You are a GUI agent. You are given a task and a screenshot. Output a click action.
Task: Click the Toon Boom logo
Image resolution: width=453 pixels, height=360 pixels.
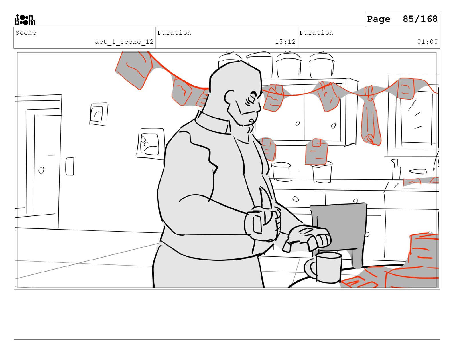(x=25, y=19)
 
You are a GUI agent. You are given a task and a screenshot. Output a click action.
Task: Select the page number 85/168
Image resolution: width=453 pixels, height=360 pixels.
(x=420, y=19)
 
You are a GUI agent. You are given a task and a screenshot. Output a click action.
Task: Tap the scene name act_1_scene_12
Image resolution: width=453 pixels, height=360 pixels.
(x=124, y=42)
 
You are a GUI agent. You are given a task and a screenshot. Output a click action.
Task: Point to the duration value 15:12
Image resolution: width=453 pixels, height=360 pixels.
(x=285, y=42)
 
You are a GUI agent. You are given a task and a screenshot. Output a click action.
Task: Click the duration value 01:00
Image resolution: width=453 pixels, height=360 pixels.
(x=427, y=42)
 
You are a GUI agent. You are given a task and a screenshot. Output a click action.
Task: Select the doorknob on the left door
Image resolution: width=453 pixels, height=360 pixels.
(x=41, y=170)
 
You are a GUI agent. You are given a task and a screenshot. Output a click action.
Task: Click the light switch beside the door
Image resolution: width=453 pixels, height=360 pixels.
(x=70, y=166)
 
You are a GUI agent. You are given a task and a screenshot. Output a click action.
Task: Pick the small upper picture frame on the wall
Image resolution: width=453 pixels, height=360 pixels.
(x=99, y=114)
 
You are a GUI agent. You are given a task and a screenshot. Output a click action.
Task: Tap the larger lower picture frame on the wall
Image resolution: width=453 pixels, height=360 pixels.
(x=151, y=144)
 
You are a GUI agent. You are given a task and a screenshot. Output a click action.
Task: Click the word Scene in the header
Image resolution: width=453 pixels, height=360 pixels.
(x=26, y=33)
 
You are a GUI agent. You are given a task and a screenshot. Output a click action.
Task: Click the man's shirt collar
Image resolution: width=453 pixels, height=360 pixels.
(x=212, y=123)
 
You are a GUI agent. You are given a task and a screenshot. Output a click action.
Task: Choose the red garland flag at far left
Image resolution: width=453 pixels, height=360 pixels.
(x=134, y=70)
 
